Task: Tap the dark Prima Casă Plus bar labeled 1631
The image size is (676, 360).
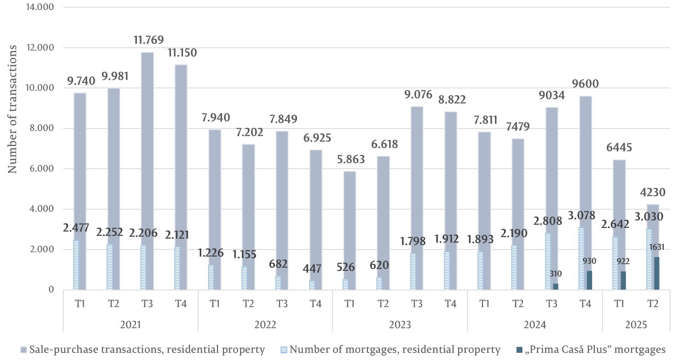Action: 657,274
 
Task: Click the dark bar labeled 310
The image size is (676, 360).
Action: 556,286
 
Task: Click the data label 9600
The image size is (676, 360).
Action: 585,84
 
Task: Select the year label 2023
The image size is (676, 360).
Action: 400,325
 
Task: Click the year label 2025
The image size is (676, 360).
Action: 636,325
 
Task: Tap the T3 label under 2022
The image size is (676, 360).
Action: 282,304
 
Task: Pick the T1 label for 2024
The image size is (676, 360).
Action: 484,304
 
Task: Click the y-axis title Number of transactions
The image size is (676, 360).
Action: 13,109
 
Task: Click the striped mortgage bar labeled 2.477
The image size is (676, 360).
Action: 76,265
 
